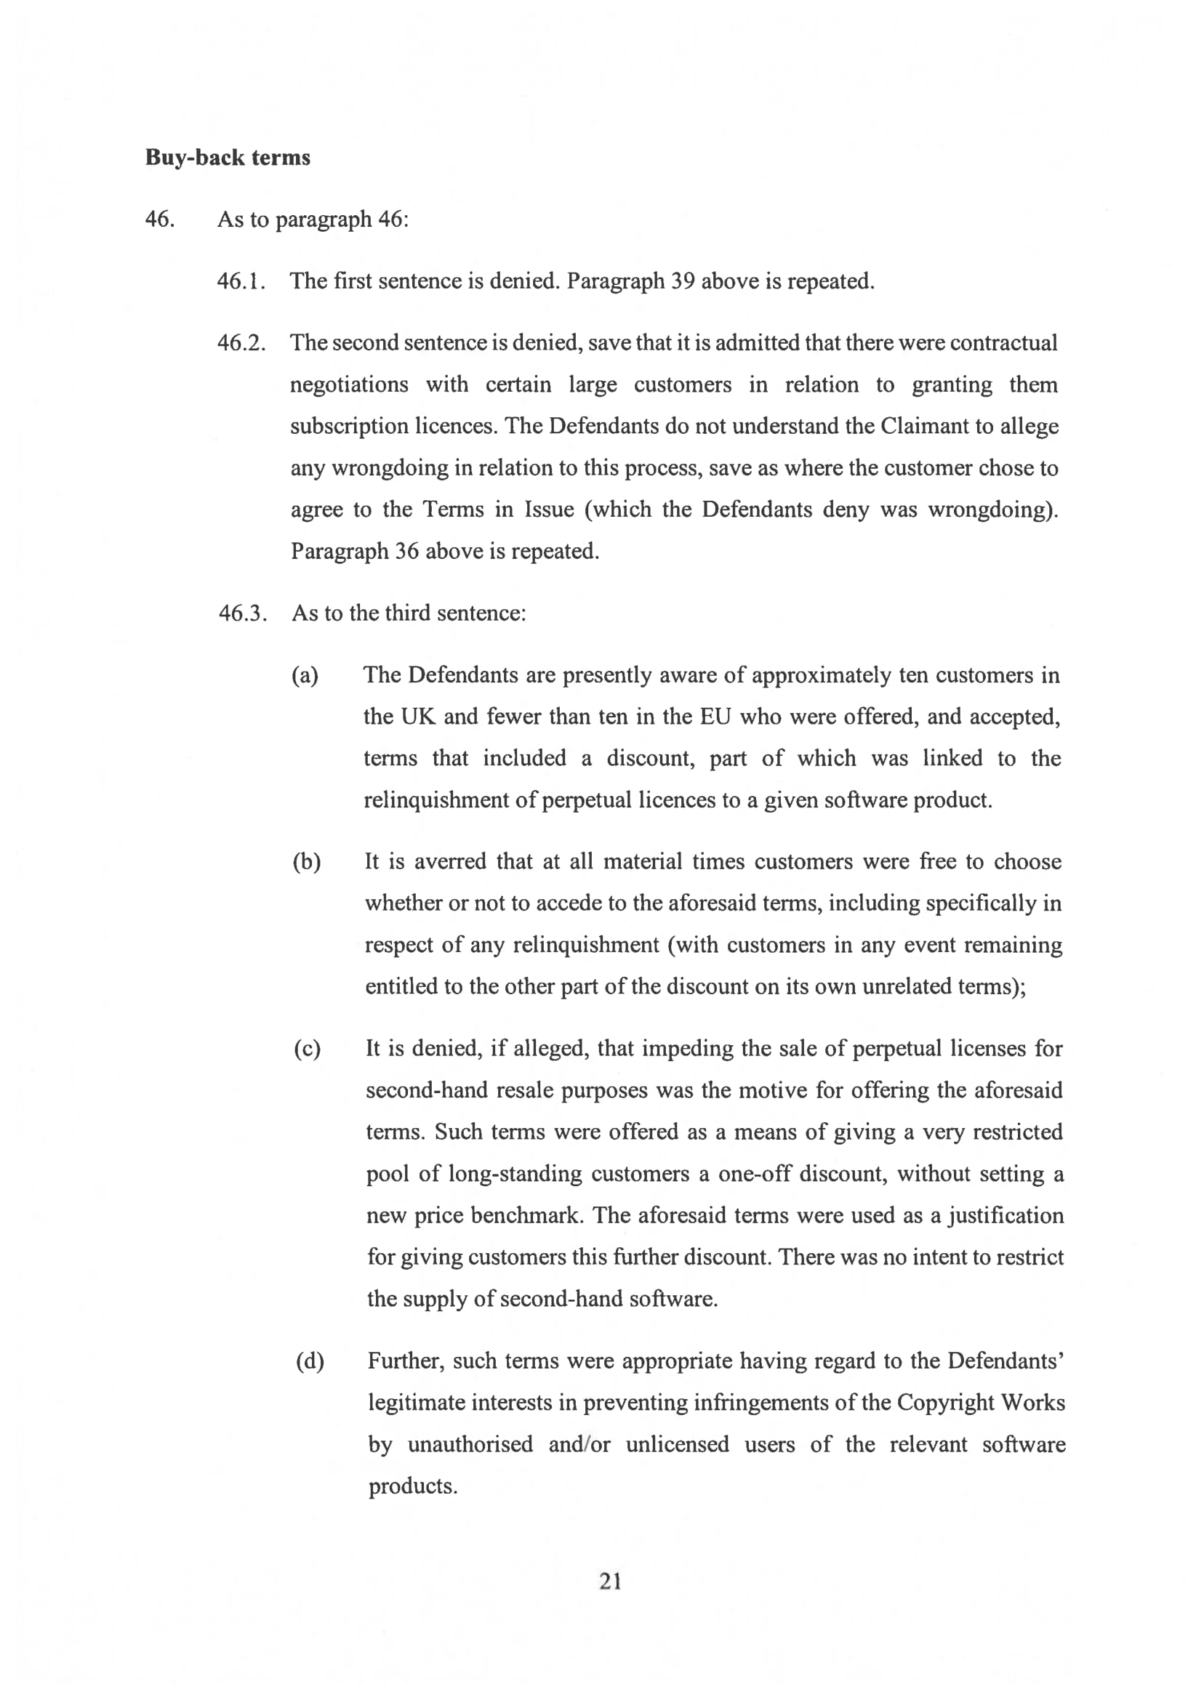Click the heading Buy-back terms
pos(228,158)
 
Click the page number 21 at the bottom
pos(610,1582)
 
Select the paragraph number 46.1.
pos(241,281)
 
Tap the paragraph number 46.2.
pos(241,343)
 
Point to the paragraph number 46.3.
pos(241,613)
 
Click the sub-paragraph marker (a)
pos(305,675)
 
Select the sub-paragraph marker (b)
pos(306,862)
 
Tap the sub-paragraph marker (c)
pos(307,1049)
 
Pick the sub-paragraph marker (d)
pos(310,1361)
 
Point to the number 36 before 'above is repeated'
pos(407,552)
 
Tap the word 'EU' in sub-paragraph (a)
pos(715,717)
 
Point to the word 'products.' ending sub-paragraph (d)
pos(413,1486)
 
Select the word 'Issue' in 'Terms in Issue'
pos(550,509)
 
